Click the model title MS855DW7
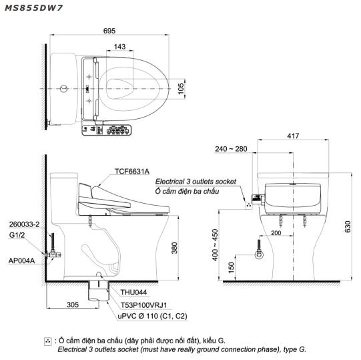click(x=33, y=8)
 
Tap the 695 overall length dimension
click(x=109, y=31)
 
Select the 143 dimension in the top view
click(x=119, y=47)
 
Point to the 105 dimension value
click(x=181, y=89)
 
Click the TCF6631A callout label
click(x=132, y=171)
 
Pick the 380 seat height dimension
click(x=175, y=248)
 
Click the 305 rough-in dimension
click(x=73, y=305)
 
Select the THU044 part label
click(x=133, y=293)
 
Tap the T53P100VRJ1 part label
click(x=143, y=305)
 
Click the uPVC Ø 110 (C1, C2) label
click(x=152, y=316)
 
